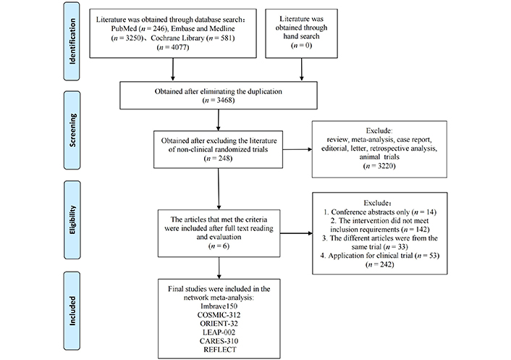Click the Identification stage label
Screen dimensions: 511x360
tap(72, 41)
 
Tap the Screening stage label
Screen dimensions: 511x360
tap(72, 130)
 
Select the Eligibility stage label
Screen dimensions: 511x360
tap(72, 219)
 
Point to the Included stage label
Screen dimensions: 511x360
tap(72, 311)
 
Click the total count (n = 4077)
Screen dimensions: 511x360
tap(173, 47)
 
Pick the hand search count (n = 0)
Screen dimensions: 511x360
tap(301, 45)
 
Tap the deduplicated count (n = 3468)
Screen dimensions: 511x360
tap(219, 100)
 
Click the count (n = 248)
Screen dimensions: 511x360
tap(218, 158)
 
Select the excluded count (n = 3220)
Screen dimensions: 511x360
tap(379, 166)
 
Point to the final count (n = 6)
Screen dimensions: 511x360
tap(219, 246)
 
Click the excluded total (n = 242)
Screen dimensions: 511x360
tap(380, 264)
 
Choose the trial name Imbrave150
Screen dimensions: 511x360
tap(219, 306)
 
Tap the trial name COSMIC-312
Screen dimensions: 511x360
tap(219, 315)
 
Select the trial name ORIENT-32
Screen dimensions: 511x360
tap(219, 324)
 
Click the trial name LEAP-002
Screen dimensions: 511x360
tap(219, 332)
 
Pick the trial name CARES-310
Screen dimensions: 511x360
tap(219, 341)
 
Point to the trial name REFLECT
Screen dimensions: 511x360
tap(219, 350)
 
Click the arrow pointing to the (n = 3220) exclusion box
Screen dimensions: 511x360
tap(297, 149)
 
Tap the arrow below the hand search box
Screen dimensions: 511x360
tap(301, 69)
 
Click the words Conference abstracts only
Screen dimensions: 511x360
tap(370, 212)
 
